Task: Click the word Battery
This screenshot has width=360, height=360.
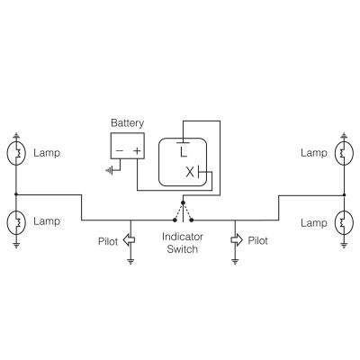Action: [x=127, y=122]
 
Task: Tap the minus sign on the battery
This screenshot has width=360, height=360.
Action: [x=118, y=151]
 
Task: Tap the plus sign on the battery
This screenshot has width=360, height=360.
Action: [x=137, y=151]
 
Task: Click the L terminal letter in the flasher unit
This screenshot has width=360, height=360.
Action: [x=183, y=152]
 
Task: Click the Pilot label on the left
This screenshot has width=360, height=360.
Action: [x=109, y=241]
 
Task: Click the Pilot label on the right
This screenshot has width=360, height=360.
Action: [x=258, y=241]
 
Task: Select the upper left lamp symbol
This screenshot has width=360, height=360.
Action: [x=17, y=153]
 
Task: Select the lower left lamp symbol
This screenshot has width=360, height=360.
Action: [x=17, y=220]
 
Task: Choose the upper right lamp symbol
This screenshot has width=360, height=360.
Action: [x=343, y=153]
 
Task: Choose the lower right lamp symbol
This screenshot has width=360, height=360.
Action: [x=343, y=220]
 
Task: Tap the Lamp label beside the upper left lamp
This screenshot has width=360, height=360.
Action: [x=46, y=153]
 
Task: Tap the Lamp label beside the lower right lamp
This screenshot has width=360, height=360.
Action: [x=314, y=221]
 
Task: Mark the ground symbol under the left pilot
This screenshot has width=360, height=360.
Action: [x=130, y=261]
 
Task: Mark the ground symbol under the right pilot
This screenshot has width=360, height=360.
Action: [x=235, y=261]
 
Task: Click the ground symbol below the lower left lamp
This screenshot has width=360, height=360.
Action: [x=17, y=242]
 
